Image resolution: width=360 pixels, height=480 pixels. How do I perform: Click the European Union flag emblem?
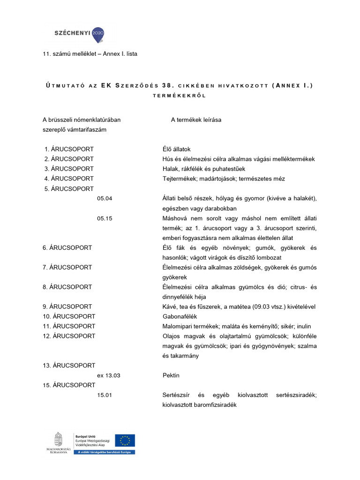[125, 440]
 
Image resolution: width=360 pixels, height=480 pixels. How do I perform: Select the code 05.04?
[105, 198]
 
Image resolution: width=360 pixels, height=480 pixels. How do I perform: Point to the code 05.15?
[105, 218]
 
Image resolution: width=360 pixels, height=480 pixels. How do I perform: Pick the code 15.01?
[105, 395]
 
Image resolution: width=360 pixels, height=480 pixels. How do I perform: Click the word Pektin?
[171, 375]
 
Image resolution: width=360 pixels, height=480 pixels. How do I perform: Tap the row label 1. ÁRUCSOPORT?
[69, 149]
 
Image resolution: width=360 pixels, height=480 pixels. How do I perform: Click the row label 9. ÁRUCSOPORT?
[67, 307]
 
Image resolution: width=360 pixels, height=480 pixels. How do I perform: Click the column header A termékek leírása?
[196, 120]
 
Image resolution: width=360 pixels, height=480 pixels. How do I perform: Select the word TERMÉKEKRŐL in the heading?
[180, 95]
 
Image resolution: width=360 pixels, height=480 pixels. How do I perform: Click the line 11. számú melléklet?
[90, 54]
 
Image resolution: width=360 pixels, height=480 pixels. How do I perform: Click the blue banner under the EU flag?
[104, 452]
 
